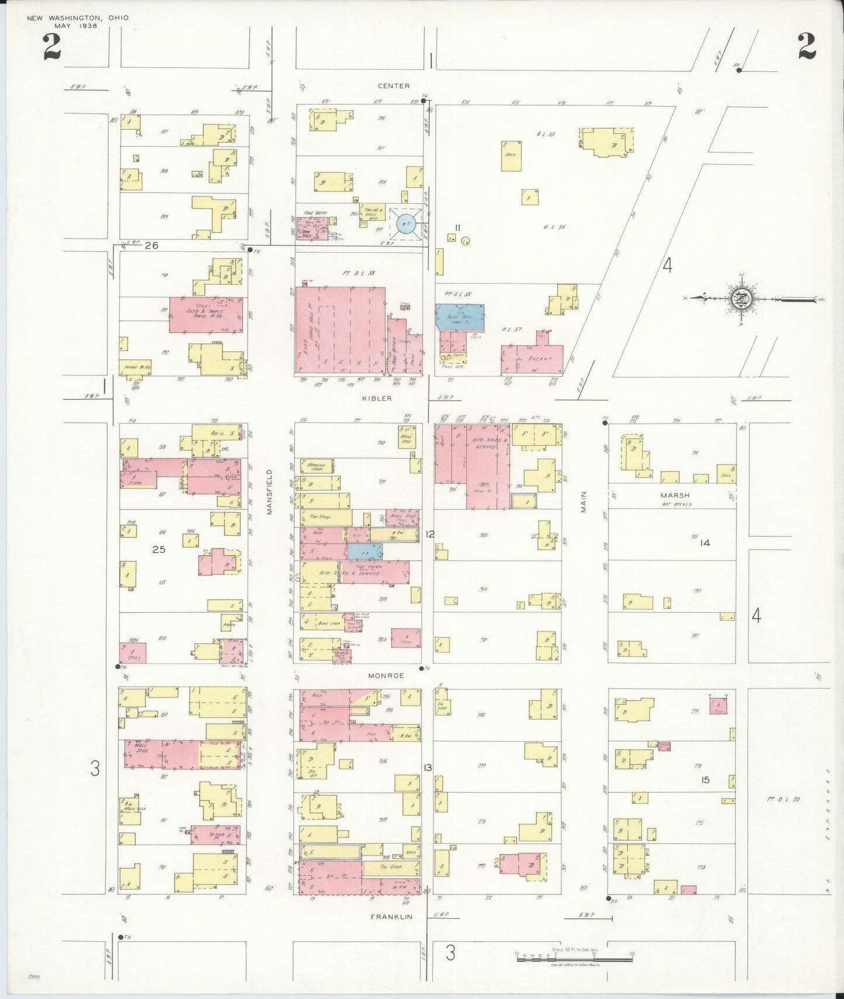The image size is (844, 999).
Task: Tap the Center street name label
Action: (394, 86)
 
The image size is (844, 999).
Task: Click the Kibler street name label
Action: (377, 398)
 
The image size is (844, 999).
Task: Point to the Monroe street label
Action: (386, 675)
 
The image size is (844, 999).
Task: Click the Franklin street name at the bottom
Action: (391, 917)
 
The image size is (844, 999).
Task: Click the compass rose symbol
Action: (742, 299)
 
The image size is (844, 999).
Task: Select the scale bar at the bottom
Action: (574, 957)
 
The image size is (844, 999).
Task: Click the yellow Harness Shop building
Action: (317, 466)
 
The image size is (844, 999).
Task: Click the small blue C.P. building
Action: (365, 550)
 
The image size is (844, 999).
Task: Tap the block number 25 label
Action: (159, 549)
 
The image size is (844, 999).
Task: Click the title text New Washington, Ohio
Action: (78, 18)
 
